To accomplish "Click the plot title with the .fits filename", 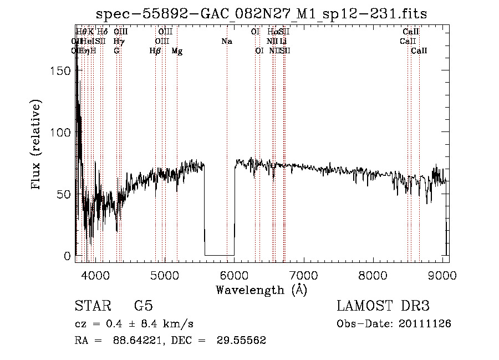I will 261,14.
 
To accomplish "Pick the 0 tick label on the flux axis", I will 68,256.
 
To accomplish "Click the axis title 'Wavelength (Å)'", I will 261,290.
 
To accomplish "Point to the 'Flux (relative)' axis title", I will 38,146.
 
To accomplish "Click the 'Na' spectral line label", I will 226,42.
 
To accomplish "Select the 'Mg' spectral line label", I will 177,51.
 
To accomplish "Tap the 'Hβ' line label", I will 155,51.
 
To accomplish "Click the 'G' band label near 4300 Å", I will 116,51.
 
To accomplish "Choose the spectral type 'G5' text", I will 143,306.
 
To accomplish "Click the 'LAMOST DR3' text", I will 383,306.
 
